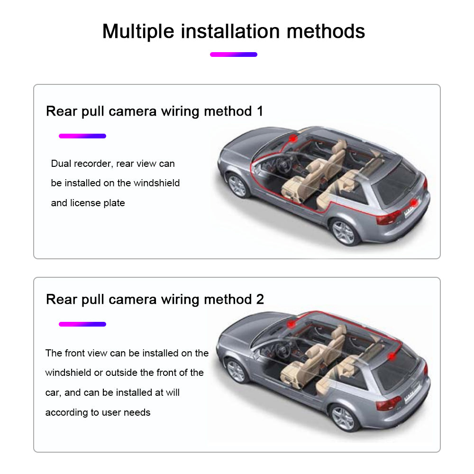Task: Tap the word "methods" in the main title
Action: pos(326,31)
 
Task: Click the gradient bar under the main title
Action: pos(234,55)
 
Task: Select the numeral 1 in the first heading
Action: pos(260,111)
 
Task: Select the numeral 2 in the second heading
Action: pos(260,299)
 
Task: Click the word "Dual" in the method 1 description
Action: pos(61,164)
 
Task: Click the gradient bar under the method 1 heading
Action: pos(82,136)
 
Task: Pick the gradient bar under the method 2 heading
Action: pos(82,324)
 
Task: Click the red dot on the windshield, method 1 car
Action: pos(293,138)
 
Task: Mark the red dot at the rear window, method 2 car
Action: pos(392,356)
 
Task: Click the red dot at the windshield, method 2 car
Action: pos(291,324)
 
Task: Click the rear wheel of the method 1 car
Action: pos(344,232)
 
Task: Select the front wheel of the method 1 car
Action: pos(237,185)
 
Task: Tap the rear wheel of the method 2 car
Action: pos(343,418)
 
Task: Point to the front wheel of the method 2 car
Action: pos(237,371)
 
